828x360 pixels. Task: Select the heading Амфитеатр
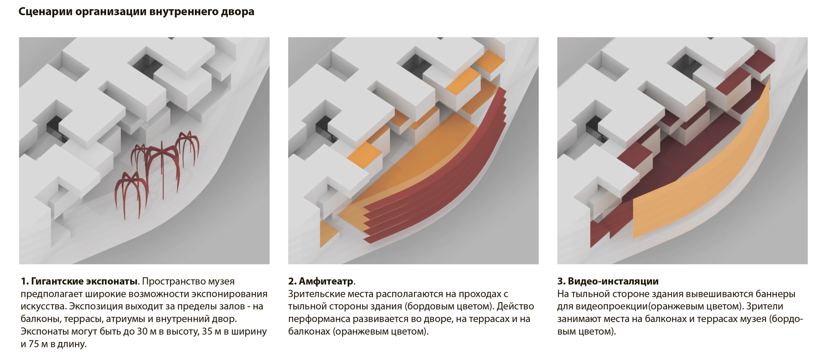pyautogui.click(x=326, y=282)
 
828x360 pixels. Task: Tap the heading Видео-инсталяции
pyautogui.click(x=613, y=282)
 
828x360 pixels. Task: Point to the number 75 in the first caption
pyautogui.click(x=34, y=344)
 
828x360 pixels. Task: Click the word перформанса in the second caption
pyautogui.click(x=317, y=319)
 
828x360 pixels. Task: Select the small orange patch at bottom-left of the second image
pyautogui.click(x=327, y=233)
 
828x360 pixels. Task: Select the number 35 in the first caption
pyautogui.click(x=207, y=332)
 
